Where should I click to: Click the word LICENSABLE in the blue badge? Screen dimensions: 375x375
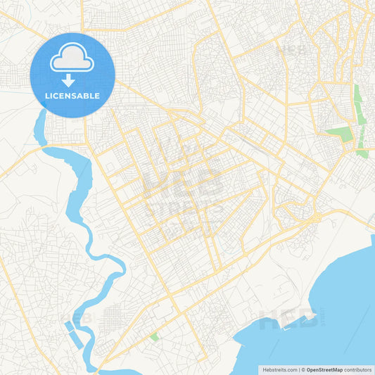click(72, 96)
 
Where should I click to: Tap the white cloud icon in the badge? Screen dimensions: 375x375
click(72, 58)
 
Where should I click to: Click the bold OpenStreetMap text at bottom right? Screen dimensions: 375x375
click(324, 369)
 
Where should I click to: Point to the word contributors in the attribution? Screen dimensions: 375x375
click(358, 369)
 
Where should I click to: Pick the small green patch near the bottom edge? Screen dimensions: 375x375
click(154, 338)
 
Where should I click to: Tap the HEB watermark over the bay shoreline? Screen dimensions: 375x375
click(288, 320)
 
